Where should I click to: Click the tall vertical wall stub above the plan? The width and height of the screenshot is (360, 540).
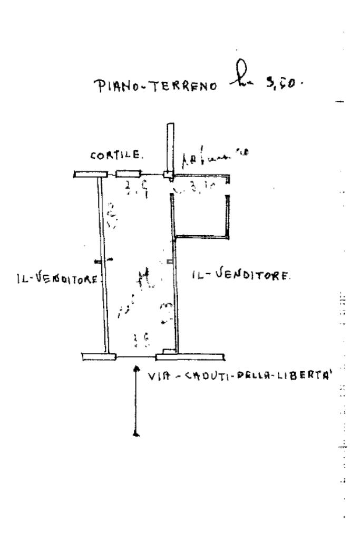(x=168, y=146)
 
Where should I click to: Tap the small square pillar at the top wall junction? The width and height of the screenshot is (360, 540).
(x=168, y=175)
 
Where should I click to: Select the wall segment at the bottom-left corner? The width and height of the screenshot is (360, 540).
(x=99, y=357)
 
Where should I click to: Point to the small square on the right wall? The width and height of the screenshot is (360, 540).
(x=169, y=261)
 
